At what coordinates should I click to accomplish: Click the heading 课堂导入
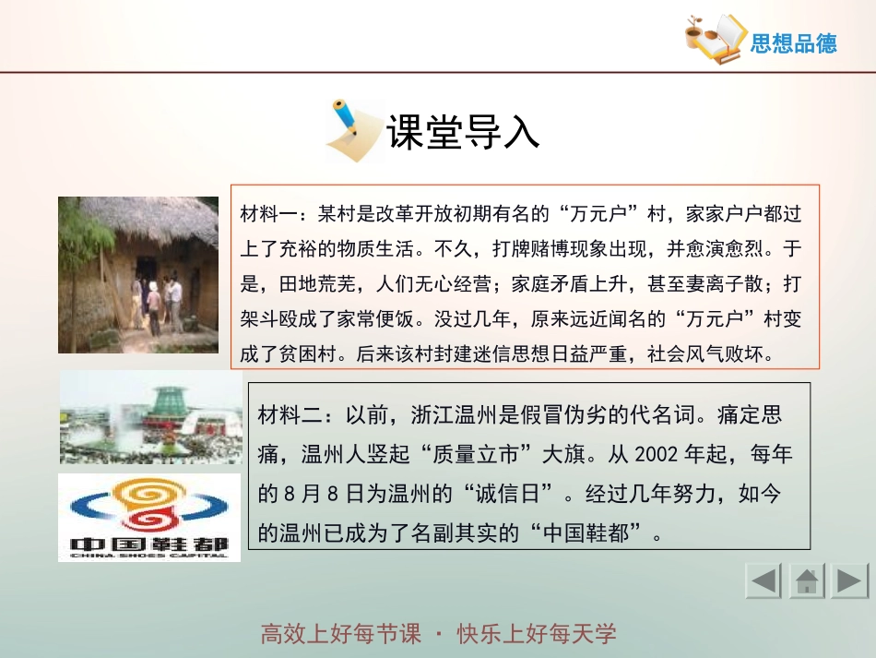[462, 132]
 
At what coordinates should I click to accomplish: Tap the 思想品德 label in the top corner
[793, 43]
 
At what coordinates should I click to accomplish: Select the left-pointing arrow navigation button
[764, 581]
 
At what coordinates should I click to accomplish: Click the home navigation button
[807, 581]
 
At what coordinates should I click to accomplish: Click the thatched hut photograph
[138, 274]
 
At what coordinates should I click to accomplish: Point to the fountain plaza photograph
[150, 418]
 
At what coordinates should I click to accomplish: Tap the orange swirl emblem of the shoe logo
[150, 502]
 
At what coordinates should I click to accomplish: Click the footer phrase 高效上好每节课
[340, 634]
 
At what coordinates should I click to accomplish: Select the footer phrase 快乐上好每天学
[536, 634]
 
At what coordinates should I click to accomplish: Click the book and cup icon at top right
[715, 38]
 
